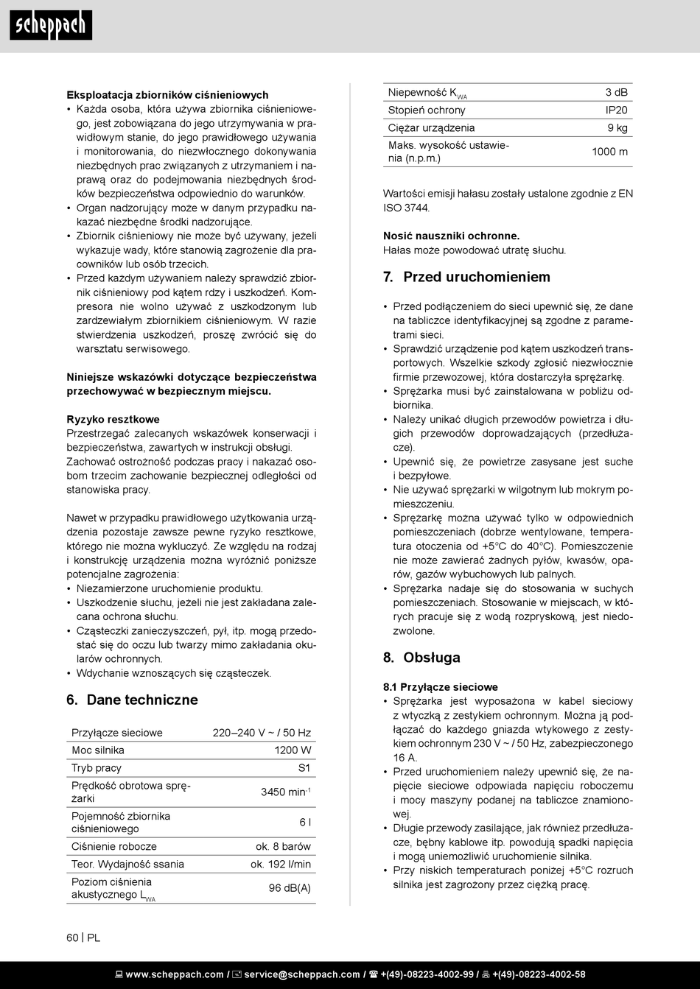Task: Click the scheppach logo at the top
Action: [x=51, y=26]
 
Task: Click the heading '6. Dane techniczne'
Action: [x=132, y=700]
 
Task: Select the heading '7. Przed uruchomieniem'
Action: [x=466, y=277]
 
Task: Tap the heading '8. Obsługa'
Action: [x=421, y=658]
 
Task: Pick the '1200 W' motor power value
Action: [x=293, y=750]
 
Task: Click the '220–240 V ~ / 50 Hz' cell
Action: [x=262, y=733]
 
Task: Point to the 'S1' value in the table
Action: [x=304, y=768]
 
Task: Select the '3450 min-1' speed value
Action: [x=285, y=792]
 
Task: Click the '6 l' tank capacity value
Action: [x=305, y=823]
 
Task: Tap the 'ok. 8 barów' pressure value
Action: [x=283, y=847]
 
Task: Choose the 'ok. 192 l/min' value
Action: [x=280, y=865]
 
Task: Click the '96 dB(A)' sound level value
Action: [x=290, y=888]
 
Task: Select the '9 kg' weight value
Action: [x=617, y=128]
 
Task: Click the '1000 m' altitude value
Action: [x=609, y=152]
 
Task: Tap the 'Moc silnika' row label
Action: [x=98, y=750]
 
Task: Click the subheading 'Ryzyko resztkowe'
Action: [x=113, y=420]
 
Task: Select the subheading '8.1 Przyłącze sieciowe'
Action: [x=441, y=687]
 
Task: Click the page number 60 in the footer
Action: [x=72, y=938]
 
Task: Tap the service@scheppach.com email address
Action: [x=302, y=975]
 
